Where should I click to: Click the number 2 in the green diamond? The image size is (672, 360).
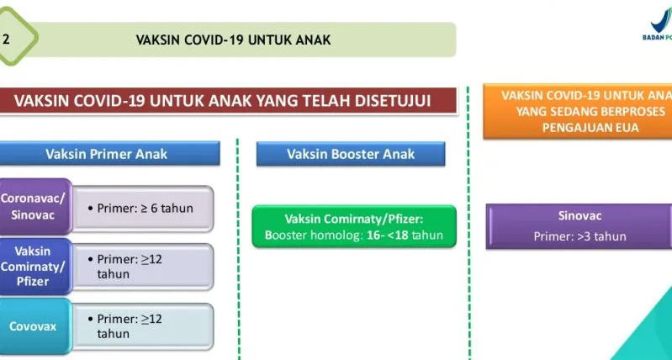(6, 40)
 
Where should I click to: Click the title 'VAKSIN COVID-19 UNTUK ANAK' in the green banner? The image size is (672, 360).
(233, 40)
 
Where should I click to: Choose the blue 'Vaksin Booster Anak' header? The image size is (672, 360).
(351, 154)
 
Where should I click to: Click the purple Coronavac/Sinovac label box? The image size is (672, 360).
(35, 207)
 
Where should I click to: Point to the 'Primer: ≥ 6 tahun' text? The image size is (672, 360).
(140, 209)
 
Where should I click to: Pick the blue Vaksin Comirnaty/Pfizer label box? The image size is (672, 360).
(35, 266)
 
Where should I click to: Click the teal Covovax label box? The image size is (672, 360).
(35, 326)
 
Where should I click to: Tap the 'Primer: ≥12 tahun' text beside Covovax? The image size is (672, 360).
(124, 326)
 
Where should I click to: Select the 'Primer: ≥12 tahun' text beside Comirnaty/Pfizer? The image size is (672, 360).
(124, 267)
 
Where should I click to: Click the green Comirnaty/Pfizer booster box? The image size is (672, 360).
(354, 227)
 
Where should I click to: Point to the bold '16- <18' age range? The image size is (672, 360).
(387, 236)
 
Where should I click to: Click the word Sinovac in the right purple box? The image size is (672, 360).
(579, 215)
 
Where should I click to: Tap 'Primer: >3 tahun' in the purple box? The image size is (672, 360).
(579, 236)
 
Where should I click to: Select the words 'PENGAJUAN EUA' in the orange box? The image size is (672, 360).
(590, 128)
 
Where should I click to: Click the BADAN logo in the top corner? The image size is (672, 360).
(658, 25)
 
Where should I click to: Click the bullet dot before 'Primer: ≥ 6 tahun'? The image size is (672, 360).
(91, 209)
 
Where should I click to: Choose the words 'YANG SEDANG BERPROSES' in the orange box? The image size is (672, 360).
(590, 112)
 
